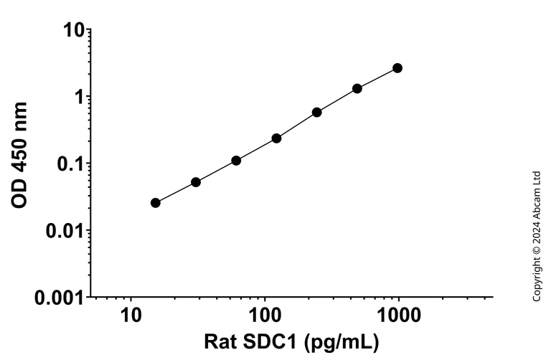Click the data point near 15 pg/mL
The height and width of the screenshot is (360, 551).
[156, 203]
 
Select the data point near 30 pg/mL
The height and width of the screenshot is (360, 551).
[196, 182]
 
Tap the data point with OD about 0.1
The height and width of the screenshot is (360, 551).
[236, 161]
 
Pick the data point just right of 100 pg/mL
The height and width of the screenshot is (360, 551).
[276, 138]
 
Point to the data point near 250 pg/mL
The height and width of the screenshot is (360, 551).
[316, 113]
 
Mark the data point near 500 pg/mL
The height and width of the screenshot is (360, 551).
[357, 89]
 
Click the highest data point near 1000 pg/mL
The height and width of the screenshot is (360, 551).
[397, 68]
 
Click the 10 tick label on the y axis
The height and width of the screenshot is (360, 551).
[75, 30]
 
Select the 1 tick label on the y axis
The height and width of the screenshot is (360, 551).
[80, 97]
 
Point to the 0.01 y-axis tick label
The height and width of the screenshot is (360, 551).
[65, 230]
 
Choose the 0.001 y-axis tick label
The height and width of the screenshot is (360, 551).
[60, 297]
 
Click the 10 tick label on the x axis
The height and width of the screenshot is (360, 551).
[131, 315]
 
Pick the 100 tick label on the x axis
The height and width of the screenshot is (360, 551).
[264, 315]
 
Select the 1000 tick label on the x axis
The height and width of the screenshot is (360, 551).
[398, 315]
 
